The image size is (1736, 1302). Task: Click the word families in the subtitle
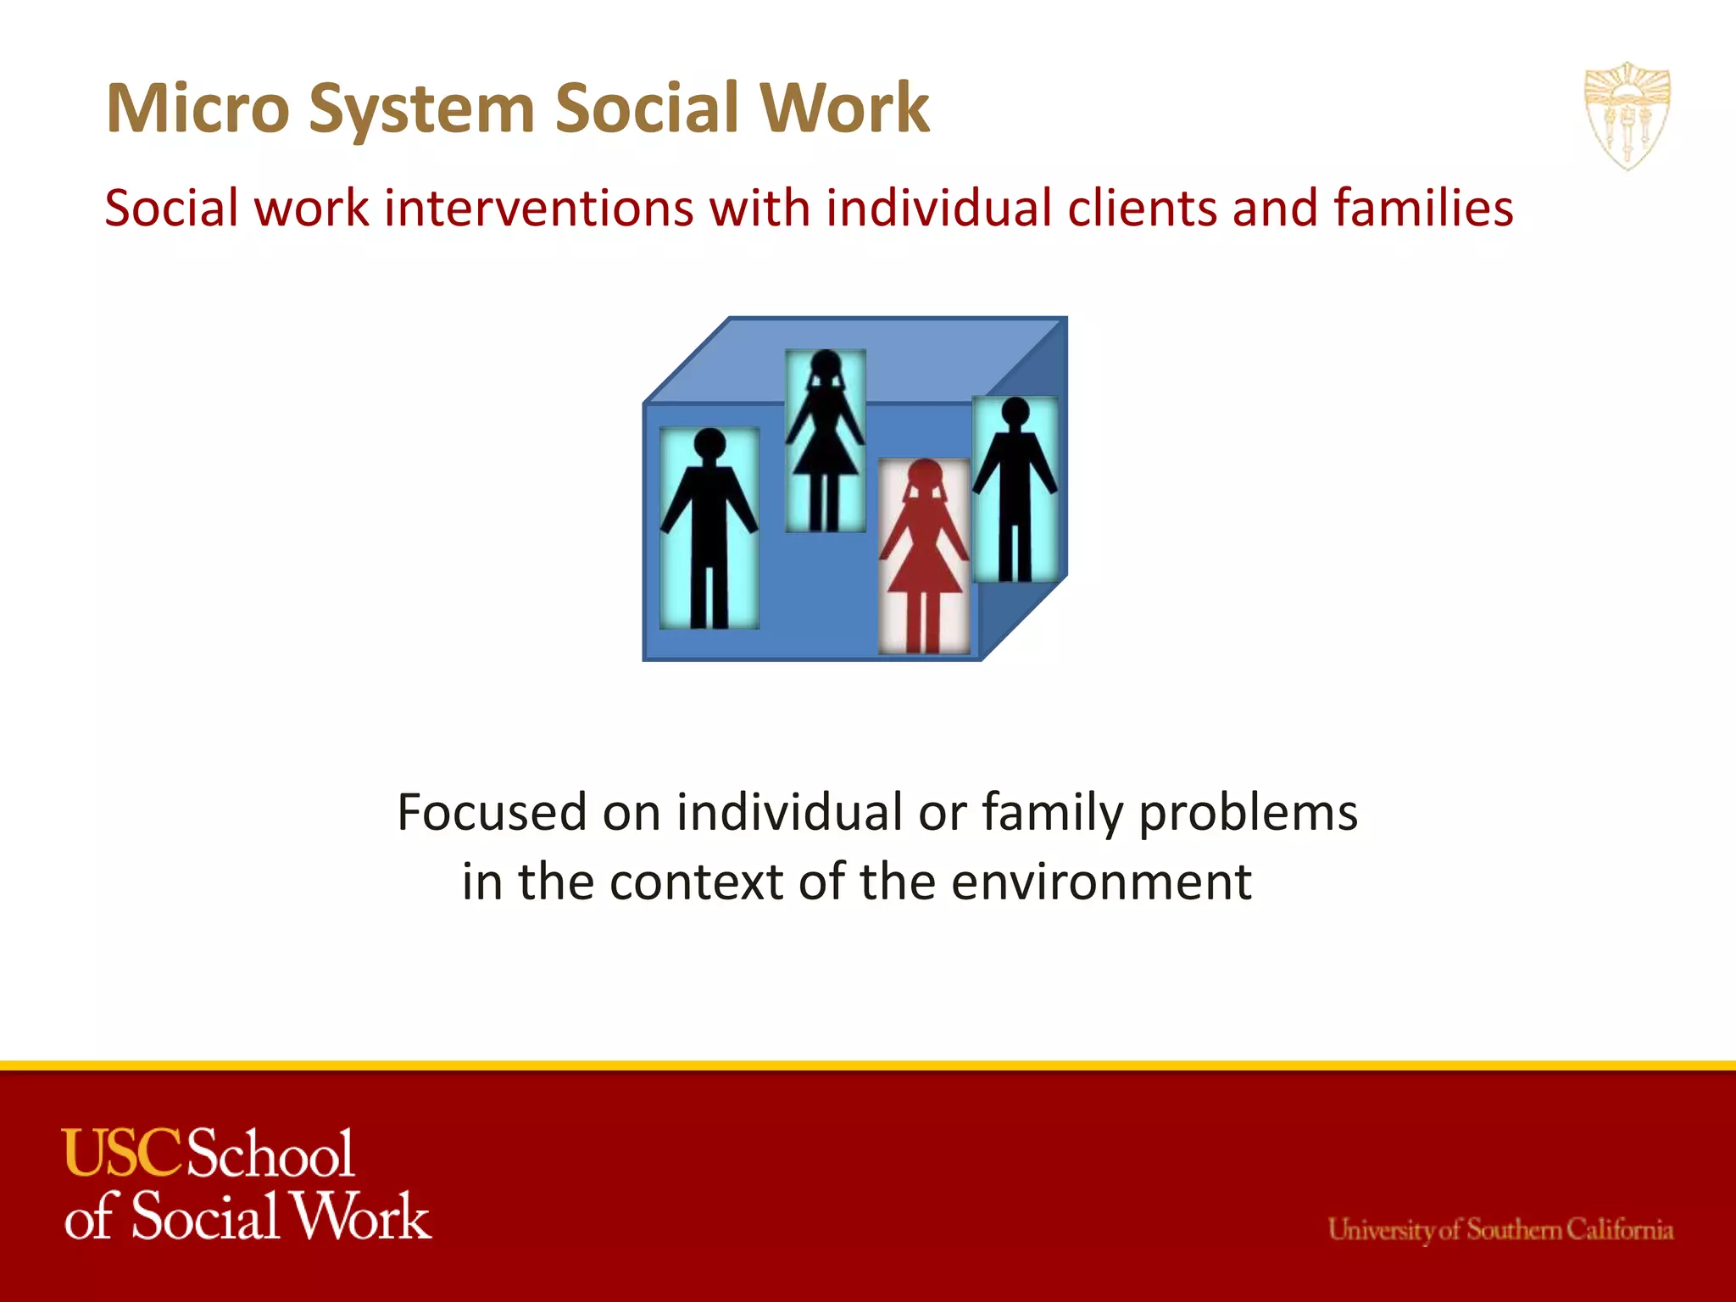click(1423, 209)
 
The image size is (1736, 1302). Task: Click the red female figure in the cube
click(924, 559)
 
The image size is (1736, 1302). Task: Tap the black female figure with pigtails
click(825, 441)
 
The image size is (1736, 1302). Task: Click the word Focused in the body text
click(492, 812)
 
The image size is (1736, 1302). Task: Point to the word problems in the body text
click(1247, 812)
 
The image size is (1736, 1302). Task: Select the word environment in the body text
click(1101, 882)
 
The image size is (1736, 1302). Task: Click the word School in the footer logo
click(270, 1154)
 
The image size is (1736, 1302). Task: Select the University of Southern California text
click(1500, 1229)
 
